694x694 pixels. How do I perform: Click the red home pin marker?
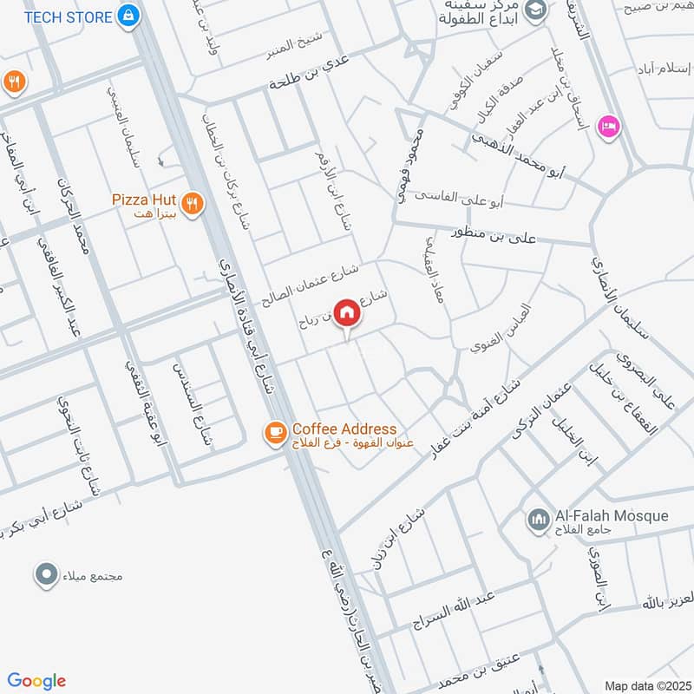click(x=347, y=312)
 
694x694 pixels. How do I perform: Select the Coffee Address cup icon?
click(x=276, y=431)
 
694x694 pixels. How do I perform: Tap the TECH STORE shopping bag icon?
click(x=128, y=16)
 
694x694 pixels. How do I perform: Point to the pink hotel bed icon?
click(x=608, y=127)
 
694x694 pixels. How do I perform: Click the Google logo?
click(x=36, y=681)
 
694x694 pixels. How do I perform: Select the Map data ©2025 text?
click(x=647, y=685)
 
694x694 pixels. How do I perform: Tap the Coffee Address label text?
click(x=344, y=429)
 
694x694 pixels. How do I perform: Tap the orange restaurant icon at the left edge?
click(x=13, y=82)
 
